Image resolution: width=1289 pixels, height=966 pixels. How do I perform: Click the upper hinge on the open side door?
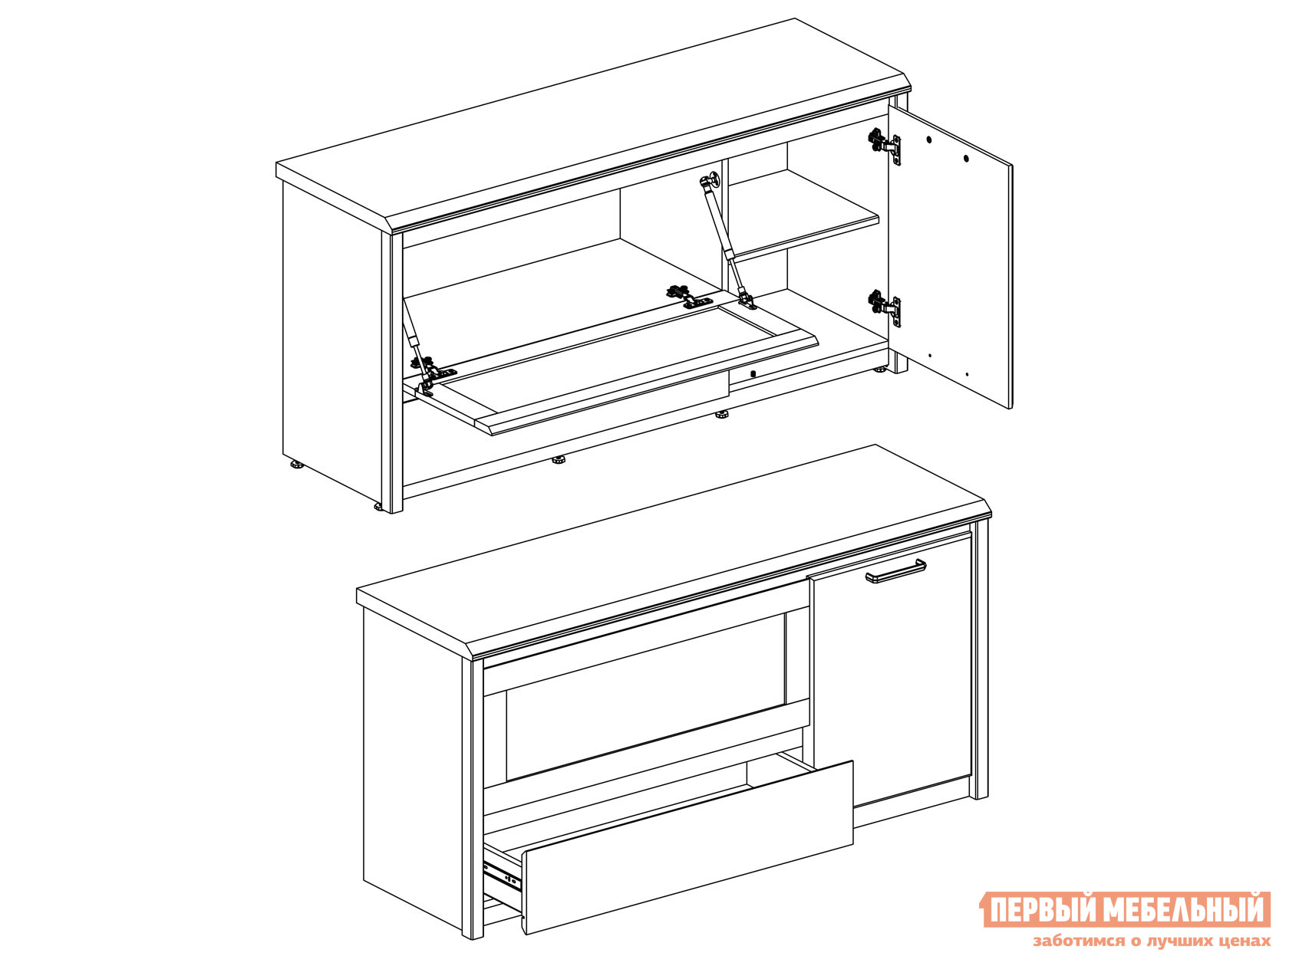pyautogui.click(x=885, y=144)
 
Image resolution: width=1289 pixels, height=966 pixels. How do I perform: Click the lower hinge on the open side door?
pyautogui.click(x=885, y=307)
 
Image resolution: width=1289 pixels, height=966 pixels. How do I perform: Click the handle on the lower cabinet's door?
pyautogui.click(x=896, y=571)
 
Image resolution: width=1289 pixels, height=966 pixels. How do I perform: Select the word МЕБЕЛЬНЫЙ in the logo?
pyautogui.click(x=1182, y=910)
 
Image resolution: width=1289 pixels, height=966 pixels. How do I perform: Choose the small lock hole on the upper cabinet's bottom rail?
pyautogui.click(x=753, y=373)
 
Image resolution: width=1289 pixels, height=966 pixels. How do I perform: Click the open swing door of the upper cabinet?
pyautogui.click(x=950, y=257)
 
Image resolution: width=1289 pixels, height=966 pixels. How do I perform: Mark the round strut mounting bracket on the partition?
pyautogui.click(x=712, y=179)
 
